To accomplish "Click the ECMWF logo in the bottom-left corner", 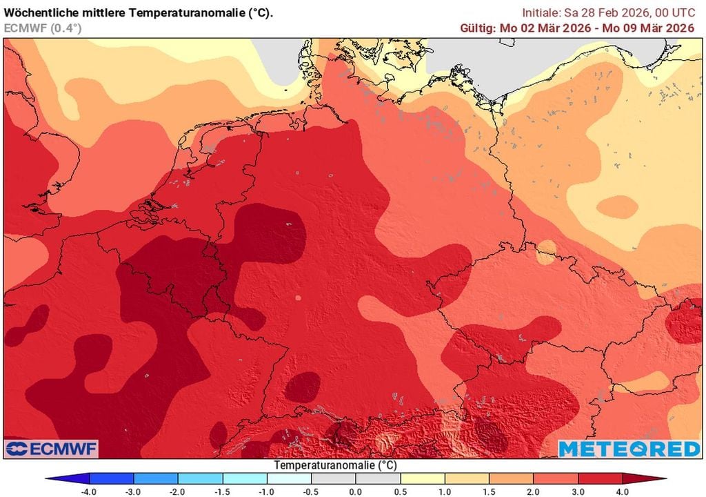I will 52,449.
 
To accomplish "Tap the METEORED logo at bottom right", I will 629,449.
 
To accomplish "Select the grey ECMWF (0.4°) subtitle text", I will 43,28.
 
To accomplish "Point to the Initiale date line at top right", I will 607,12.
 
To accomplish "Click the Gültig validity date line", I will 576,28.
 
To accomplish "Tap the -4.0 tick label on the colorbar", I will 90,491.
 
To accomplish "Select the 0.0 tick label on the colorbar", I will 355,491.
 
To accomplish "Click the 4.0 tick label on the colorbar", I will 622,491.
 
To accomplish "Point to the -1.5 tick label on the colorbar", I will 222,491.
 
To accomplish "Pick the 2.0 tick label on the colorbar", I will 534,491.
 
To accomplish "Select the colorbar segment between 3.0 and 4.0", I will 600,478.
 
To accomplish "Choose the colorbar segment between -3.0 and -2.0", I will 156,478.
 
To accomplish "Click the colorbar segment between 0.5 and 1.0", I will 423,478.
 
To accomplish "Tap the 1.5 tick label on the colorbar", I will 489,491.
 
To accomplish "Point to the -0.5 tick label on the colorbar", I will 310,491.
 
